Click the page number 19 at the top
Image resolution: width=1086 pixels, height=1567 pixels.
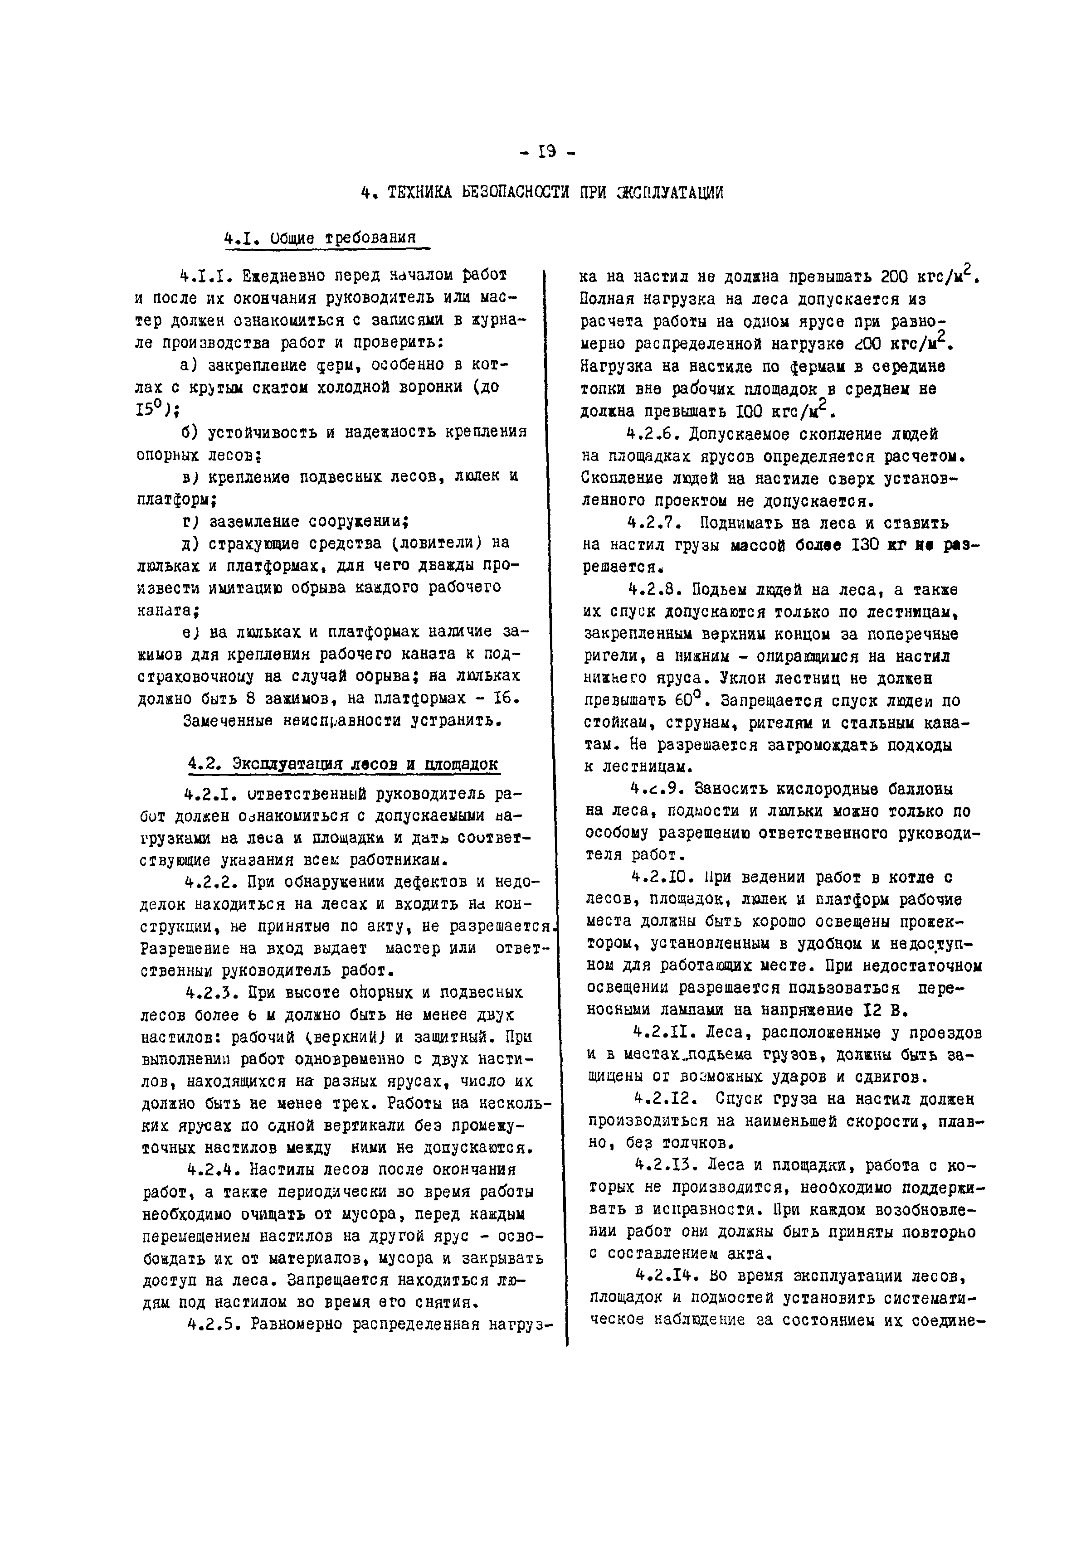click(x=546, y=152)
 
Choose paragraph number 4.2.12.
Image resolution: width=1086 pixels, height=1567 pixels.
click(x=659, y=1098)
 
